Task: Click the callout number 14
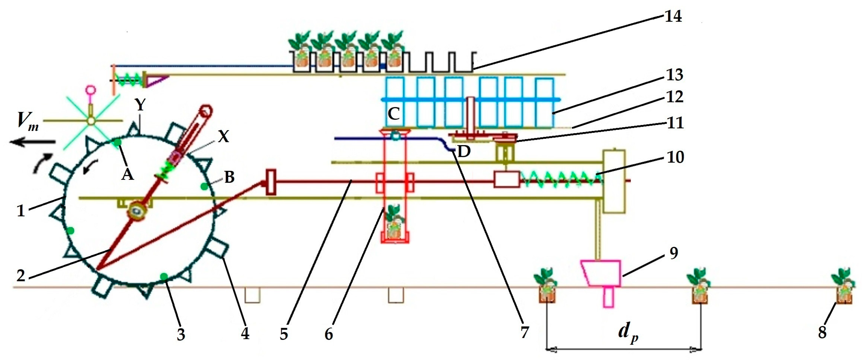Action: pos(673,16)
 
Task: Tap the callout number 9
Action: pos(674,254)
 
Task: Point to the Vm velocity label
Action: pos(27,121)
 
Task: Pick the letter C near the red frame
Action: pos(393,114)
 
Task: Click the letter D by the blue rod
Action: pos(464,152)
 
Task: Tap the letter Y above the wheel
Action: pos(140,105)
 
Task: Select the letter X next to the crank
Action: pos(223,137)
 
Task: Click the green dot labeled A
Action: pos(117,143)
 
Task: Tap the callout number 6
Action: pos(329,334)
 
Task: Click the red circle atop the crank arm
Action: pos(206,111)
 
